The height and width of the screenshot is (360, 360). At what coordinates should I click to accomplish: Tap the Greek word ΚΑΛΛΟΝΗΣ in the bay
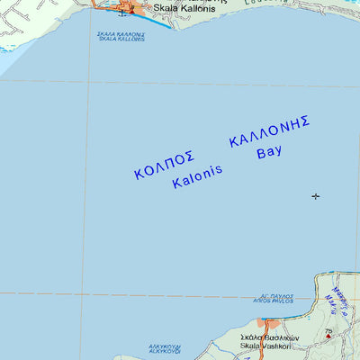coord(270,131)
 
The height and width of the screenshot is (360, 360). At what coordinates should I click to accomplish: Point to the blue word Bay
coord(269,152)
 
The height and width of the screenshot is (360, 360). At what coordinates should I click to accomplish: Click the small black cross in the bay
coord(315,196)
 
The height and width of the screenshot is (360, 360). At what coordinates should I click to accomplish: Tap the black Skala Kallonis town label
coord(184,9)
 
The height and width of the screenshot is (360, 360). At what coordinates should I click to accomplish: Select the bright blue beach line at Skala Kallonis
coord(155,20)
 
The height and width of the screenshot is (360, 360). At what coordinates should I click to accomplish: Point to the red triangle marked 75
coord(328,337)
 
